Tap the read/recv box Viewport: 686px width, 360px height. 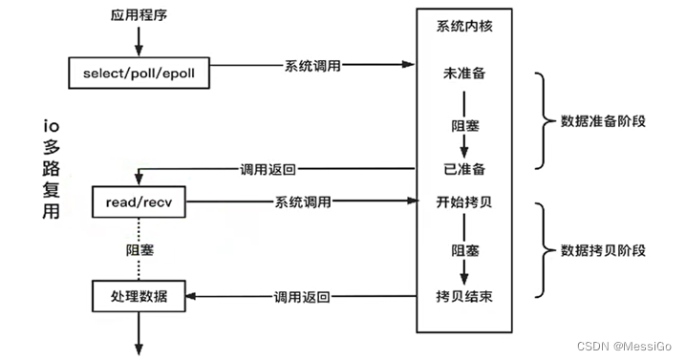139,201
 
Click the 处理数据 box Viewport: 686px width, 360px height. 139,296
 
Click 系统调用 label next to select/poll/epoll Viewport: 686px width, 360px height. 309,68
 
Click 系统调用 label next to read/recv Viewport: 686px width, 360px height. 304,201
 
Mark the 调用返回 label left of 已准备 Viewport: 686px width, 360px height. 268,169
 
